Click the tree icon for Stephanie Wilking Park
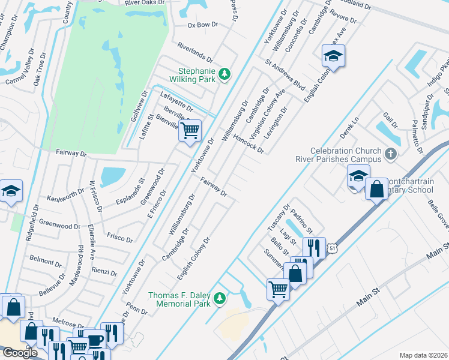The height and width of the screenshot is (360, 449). click(x=224, y=74)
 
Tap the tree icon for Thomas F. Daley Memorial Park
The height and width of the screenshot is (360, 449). click(x=220, y=298)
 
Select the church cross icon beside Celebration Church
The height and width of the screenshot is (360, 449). click(x=391, y=154)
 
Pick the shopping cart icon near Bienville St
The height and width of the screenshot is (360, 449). click(x=190, y=130)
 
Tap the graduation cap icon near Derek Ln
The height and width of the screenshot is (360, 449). click(x=358, y=176)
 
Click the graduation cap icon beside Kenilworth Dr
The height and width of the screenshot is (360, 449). click(x=11, y=191)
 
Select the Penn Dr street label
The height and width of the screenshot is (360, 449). click(x=137, y=310)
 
